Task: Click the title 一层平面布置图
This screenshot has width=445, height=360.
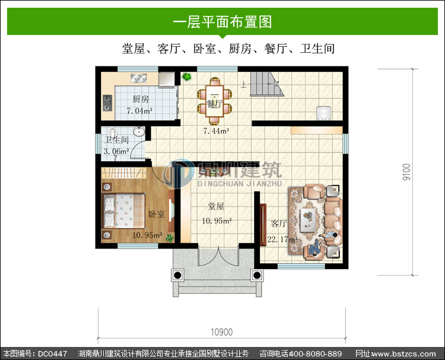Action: pos(223,21)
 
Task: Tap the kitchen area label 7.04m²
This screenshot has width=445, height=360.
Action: pos(139,111)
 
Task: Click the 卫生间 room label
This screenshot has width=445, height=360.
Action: pos(117,140)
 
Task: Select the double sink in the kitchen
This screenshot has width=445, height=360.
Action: pos(139,78)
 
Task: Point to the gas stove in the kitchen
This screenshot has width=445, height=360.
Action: pos(107,103)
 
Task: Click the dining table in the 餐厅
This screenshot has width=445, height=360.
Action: pos(215,101)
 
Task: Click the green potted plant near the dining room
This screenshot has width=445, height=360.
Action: pos(186,77)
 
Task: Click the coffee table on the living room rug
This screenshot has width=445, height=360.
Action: pos(308,218)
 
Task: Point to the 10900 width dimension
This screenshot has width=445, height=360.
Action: pos(222,332)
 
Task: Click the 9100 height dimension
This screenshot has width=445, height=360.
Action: pos(406,172)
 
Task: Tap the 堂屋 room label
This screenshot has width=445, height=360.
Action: pos(216,206)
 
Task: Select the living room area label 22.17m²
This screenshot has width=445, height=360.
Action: pos(282,240)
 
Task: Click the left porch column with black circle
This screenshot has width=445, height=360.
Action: pos(177,275)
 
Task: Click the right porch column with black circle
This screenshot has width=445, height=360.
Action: pos(257,275)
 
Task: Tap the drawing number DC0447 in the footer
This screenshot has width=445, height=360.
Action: pos(52,353)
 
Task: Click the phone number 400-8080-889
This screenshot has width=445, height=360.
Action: pos(315,353)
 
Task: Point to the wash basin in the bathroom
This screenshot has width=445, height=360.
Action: pos(139,131)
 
